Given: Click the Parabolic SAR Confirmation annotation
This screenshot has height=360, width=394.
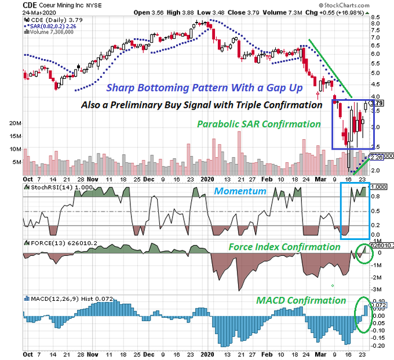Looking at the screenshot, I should coord(258,124).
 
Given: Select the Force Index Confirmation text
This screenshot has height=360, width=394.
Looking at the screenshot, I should coord(284,247).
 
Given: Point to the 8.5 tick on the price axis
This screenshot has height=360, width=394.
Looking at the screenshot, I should coord(375,17).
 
